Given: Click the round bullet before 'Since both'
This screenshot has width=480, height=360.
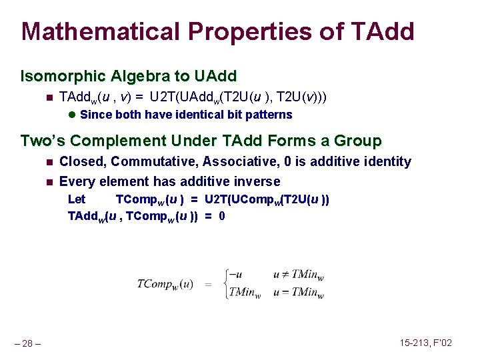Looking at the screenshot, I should click(x=72, y=115).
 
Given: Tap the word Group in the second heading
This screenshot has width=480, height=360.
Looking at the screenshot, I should click(x=359, y=141).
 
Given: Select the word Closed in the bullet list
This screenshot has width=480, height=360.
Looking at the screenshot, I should click(x=82, y=161).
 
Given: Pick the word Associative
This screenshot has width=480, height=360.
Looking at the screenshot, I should click(x=235, y=161).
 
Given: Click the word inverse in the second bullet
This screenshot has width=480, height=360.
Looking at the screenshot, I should click(x=258, y=181).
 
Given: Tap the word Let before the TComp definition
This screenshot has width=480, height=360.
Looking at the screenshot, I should click(x=77, y=199).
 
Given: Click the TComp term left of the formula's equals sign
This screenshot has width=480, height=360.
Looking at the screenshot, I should click(x=165, y=284).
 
